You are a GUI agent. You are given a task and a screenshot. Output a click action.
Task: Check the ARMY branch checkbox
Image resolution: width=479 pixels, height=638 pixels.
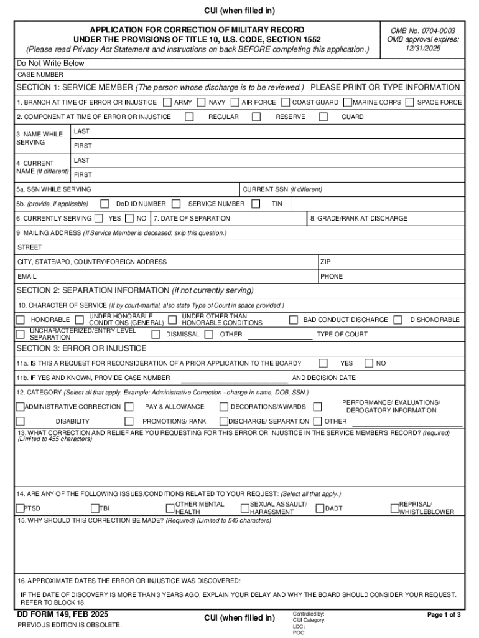(168, 102)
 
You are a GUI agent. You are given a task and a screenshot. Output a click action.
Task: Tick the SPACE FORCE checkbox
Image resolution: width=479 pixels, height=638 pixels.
(409, 102)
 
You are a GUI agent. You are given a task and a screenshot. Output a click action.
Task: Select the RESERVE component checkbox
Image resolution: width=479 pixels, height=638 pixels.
(256, 117)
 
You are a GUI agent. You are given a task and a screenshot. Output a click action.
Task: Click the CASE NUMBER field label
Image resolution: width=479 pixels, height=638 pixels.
(40, 75)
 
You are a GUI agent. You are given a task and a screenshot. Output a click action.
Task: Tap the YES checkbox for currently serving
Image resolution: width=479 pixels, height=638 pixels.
(98, 218)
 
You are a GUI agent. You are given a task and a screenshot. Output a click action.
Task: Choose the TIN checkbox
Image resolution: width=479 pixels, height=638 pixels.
(256, 204)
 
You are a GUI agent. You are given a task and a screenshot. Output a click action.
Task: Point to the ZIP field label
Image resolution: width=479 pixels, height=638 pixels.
(325, 262)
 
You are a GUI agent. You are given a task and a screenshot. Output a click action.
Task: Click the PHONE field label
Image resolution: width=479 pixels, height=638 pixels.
(332, 276)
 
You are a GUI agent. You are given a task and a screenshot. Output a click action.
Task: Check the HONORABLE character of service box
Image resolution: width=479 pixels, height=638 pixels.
(21, 320)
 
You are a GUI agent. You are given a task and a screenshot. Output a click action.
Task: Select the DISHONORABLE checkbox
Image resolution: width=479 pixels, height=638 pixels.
(400, 320)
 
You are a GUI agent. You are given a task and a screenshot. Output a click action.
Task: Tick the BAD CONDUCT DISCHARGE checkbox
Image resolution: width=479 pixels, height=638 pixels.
(293, 320)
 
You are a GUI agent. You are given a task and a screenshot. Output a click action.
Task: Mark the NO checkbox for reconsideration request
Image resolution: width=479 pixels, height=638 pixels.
(368, 363)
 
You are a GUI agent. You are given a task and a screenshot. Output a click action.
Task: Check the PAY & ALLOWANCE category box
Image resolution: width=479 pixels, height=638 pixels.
(129, 407)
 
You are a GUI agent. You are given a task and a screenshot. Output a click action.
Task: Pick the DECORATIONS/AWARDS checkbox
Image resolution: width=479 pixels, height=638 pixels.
(223, 407)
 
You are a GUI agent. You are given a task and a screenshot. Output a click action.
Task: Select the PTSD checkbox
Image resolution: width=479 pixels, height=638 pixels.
(21, 508)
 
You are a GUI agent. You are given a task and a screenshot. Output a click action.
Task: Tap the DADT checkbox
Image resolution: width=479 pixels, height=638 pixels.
(320, 508)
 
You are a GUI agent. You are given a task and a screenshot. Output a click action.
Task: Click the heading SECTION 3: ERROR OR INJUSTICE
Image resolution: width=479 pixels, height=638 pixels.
(81, 348)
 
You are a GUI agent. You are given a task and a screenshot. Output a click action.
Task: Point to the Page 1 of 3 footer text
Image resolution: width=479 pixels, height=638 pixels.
(444, 615)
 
